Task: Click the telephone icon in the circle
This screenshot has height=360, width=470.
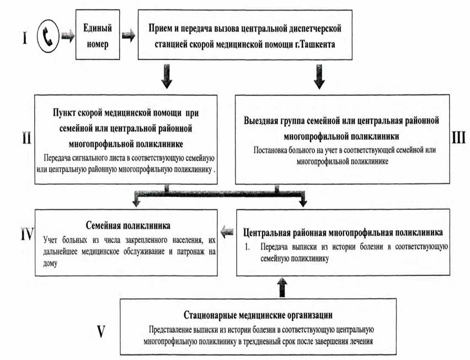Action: point(47,36)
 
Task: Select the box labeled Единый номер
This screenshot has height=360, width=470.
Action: point(98,34)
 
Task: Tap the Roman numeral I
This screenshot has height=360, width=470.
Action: point(25,38)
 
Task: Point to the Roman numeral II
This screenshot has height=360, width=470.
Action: point(26,137)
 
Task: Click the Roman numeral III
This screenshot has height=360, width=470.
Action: point(458,137)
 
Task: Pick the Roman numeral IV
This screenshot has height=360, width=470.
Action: point(27,234)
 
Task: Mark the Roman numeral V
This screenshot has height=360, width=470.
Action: point(102,332)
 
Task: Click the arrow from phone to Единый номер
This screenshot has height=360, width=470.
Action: point(68,36)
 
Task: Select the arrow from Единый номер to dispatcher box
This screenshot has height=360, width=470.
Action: point(129,36)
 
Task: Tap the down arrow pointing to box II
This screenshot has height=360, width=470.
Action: point(167,77)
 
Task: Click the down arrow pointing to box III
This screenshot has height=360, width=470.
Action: point(319,77)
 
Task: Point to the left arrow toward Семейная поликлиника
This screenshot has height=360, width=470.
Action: point(227,232)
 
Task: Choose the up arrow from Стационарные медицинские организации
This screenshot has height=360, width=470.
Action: point(282,287)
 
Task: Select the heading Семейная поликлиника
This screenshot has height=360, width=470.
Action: point(128,225)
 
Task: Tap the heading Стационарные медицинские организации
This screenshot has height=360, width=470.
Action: point(258,315)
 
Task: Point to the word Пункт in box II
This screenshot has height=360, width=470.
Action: point(64,113)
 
